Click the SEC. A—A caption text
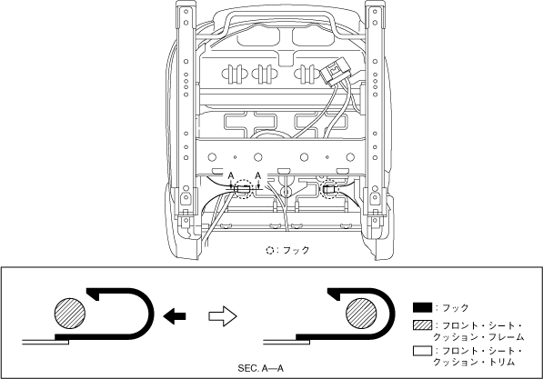pos(260,368)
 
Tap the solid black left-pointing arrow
pos(175,316)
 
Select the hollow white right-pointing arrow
pos(223,316)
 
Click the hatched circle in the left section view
pos(70,313)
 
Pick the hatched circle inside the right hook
pos(361,313)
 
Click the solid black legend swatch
pos(422,307)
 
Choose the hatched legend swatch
pos(422,325)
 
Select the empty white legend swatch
pos(422,351)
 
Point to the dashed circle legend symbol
pos(270,250)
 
